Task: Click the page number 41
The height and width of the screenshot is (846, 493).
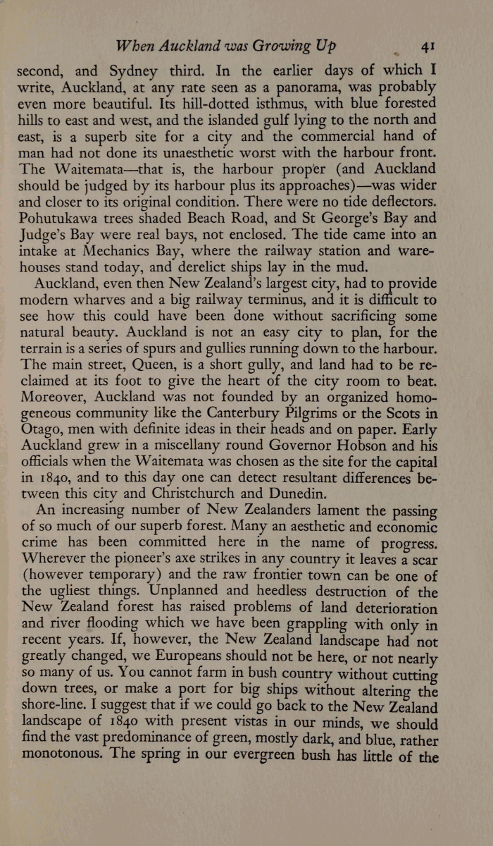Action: [428, 47]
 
